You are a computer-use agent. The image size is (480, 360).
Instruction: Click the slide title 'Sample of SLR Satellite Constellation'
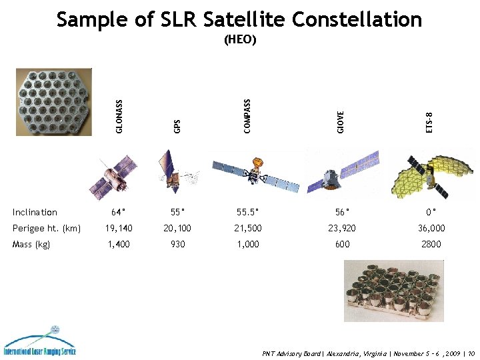[x=239, y=20]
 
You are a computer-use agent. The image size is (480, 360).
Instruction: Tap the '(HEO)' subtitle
[x=240, y=40]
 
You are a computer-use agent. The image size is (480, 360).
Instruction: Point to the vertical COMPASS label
[x=247, y=115]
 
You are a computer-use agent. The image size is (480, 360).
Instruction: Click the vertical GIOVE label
[x=341, y=121]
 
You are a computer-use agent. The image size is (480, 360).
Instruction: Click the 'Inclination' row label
[x=35, y=212]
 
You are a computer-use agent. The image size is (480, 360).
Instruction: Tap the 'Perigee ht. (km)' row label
[x=47, y=228]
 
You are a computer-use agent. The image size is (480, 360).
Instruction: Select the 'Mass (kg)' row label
[x=32, y=244]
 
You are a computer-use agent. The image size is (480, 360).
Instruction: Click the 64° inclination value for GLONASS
[x=119, y=212]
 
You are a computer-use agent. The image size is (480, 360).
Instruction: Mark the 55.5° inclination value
[x=248, y=212]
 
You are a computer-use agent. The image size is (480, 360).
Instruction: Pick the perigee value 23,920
[x=341, y=228]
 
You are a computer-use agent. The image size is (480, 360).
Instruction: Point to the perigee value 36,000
[x=431, y=228]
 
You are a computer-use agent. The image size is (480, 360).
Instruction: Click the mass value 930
[x=177, y=244]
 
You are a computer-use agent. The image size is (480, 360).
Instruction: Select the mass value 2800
[x=431, y=244]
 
